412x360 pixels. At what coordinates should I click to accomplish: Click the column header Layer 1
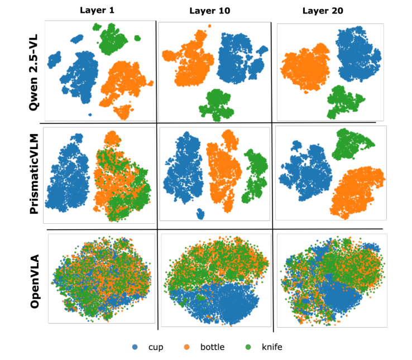pos(98,11)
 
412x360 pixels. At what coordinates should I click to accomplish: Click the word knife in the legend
pos(272,347)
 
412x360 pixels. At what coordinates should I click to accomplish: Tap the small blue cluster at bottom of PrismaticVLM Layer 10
pos(200,214)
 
